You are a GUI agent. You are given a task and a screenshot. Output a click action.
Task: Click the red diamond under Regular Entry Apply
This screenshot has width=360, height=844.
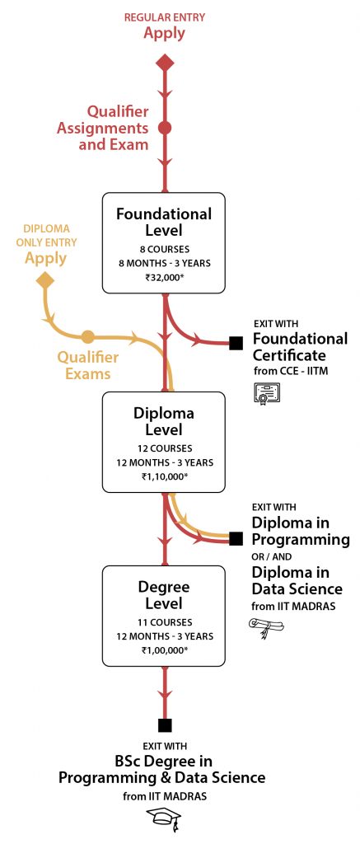click(x=166, y=63)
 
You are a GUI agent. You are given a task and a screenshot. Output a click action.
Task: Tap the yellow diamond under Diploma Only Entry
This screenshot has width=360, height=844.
click(x=45, y=280)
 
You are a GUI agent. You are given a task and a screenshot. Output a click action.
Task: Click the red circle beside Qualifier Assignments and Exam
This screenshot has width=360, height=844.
click(x=166, y=128)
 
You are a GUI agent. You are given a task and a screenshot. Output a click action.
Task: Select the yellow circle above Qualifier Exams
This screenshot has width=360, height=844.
click(x=87, y=337)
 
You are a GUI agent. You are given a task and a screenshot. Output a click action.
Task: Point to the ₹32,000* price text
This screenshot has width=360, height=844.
click(x=164, y=278)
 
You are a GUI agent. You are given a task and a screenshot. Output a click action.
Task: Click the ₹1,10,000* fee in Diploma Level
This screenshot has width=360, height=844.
click(x=164, y=476)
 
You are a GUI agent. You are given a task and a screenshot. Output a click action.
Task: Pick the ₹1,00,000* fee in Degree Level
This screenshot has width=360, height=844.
click(x=164, y=650)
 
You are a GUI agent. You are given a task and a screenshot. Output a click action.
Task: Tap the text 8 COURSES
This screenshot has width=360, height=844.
click(x=164, y=249)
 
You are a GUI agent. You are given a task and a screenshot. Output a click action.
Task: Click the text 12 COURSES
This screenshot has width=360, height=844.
click(x=164, y=448)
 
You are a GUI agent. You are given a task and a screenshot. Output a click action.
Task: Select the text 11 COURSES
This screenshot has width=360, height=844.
click(x=164, y=622)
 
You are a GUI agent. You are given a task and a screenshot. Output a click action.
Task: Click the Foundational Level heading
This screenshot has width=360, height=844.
click(x=164, y=222)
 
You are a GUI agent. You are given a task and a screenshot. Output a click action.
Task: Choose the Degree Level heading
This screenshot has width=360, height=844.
click(x=164, y=594)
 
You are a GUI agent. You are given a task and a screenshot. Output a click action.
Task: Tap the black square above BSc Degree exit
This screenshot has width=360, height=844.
click(x=166, y=725)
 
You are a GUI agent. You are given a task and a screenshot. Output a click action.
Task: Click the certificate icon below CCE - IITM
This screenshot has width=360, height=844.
click(x=266, y=393)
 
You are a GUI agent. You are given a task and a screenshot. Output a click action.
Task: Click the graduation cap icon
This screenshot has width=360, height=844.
click(x=165, y=820)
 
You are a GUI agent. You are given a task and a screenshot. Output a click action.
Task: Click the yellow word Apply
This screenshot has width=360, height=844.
click(x=46, y=258)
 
